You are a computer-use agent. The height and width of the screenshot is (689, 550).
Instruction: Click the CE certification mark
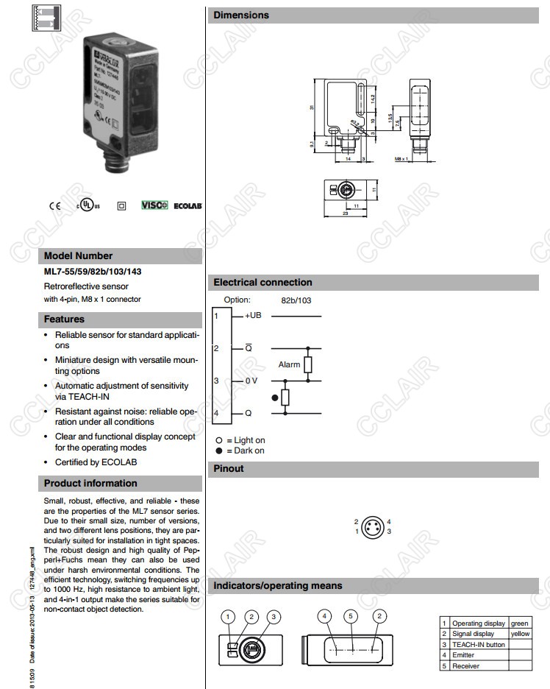click(x=54, y=206)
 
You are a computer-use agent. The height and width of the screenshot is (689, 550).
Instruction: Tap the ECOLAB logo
click(x=187, y=206)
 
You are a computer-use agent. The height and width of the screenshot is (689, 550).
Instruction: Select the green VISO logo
click(x=154, y=205)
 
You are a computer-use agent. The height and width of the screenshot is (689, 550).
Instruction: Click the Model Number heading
click(x=79, y=256)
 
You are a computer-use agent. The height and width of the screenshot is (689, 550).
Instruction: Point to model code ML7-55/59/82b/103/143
click(x=93, y=272)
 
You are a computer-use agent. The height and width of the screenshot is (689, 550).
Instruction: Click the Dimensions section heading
click(x=241, y=15)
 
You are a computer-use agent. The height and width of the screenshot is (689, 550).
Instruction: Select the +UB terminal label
click(x=253, y=316)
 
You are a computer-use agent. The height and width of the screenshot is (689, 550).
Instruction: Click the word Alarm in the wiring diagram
click(x=289, y=364)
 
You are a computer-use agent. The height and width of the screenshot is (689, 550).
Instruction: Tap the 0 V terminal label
click(x=251, y=381)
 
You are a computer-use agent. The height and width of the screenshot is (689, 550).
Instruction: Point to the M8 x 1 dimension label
click(x=401, y=158)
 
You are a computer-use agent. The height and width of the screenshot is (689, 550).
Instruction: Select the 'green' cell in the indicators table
click(x=519, y=623)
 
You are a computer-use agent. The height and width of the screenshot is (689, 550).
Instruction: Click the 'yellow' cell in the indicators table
click(x=519, y=634)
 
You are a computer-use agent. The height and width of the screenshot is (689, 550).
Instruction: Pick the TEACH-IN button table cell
click(x=479, y=644)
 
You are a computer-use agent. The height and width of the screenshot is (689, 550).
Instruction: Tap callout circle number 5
click(x=351, y=616)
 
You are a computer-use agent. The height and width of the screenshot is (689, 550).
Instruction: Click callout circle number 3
click(x=274, y=616)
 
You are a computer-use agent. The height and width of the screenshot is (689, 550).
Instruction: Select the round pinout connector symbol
click(x=372, y=526)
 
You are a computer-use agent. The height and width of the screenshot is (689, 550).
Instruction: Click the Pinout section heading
click(x=229, y=469)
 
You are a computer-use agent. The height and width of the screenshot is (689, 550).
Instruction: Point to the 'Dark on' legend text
click(x=249, y=451)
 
